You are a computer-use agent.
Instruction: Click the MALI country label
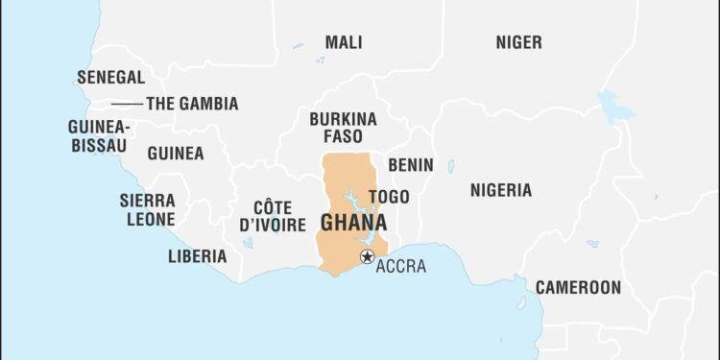344,42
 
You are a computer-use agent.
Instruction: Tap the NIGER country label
518,42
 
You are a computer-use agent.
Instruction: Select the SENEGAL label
111,77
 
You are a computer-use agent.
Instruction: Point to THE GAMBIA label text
192,104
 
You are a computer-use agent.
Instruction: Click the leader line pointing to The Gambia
127,104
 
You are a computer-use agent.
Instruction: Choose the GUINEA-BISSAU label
99,135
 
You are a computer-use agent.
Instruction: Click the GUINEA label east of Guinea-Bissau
175,154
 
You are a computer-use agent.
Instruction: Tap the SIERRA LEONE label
147,209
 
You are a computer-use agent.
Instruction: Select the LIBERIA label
197,256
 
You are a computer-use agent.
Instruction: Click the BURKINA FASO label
343,128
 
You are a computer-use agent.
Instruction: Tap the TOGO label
389,197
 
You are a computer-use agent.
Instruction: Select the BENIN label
410,165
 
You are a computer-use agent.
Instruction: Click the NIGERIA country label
500,190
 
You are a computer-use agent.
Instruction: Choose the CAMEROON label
578,287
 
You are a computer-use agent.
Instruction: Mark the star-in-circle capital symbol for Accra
366,256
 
